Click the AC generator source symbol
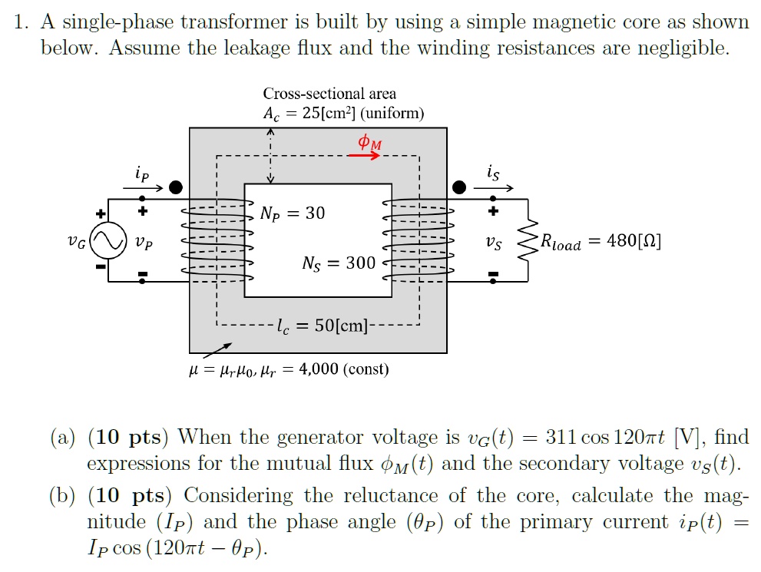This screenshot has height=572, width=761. pos(107,242)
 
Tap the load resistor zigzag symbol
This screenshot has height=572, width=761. pos(528,242)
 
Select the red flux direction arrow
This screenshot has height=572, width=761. pos(363,156)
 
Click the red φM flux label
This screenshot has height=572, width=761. pos(369,142)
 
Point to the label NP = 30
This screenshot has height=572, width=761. pos(292,213)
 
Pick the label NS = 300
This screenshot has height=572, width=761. pos(338,263)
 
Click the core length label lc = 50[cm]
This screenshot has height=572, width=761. pos(322,326)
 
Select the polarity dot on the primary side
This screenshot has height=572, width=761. pos(176,187)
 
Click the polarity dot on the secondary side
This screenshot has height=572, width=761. pos(459,187)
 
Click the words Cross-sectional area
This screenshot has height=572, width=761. pos(329,94)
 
